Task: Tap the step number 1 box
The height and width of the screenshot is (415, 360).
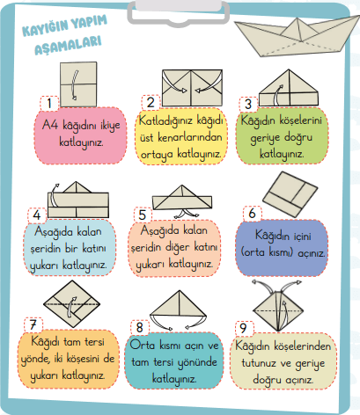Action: coord(54,102)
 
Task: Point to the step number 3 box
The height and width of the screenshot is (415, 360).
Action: coord(249,102)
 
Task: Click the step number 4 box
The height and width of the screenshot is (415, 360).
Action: coord(37,214)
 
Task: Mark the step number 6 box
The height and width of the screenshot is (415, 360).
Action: coord(253,213)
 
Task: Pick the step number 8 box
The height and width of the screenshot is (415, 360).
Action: coord(140,325)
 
